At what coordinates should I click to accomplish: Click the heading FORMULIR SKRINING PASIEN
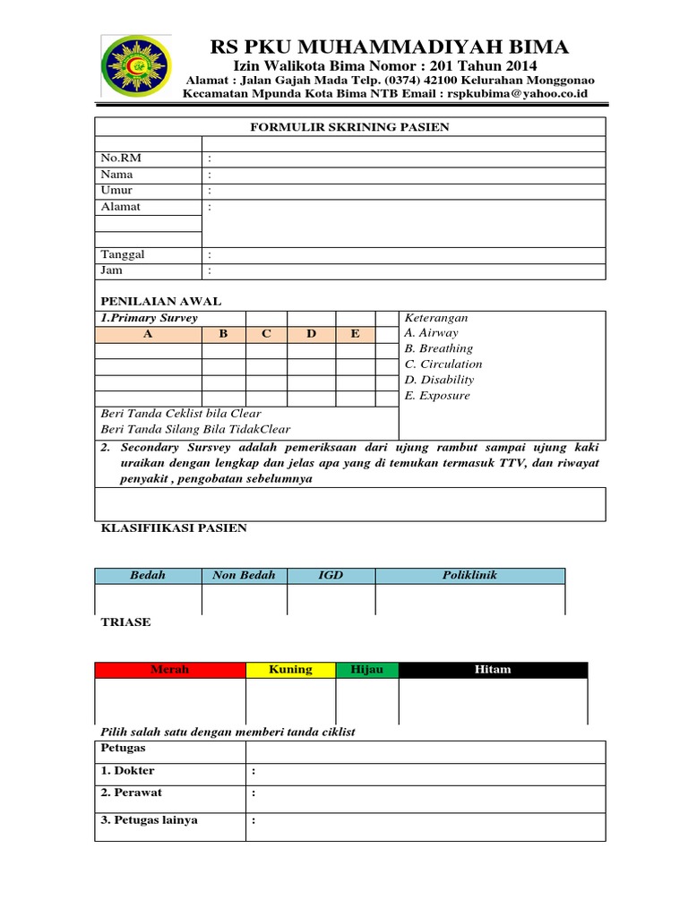348,127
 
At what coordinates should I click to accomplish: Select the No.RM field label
121,159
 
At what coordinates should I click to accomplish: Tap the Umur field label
116,191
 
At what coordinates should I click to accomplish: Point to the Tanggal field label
123,254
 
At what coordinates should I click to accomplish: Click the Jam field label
111,270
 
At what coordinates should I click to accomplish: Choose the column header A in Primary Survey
148,334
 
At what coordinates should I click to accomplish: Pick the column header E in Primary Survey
355,334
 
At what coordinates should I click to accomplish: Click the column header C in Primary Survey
265,334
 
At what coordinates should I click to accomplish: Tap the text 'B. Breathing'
439,348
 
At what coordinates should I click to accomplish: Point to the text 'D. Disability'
440,380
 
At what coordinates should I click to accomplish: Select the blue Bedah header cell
148,576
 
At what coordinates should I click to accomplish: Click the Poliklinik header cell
469,576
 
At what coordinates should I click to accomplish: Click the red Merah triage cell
169,670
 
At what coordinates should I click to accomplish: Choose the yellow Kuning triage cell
290,670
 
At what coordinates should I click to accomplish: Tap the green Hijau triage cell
366,670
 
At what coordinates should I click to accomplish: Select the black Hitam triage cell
493,670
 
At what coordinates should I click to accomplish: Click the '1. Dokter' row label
127,770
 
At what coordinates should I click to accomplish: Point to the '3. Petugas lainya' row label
149,820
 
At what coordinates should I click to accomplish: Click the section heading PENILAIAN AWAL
160,302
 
